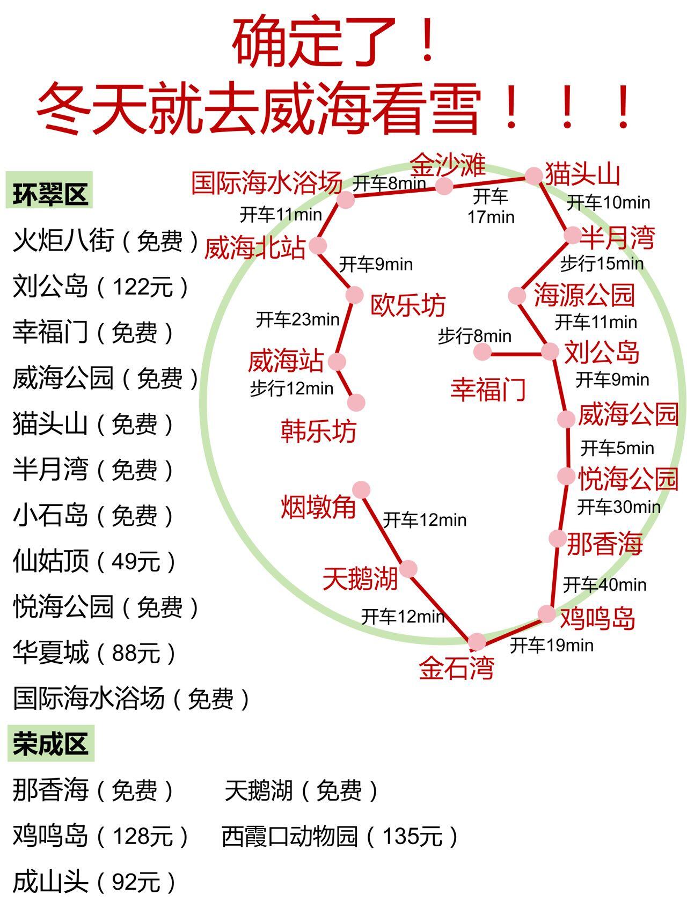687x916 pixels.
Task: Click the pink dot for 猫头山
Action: pyautogui.click(x=533, y=175)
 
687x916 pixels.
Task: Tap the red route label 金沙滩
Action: pyautogui.click(x=448, y=165)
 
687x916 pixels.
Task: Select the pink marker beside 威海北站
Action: pyautogui.click(x=318, y=246)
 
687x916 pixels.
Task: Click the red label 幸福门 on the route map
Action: pyautogui.click(x=487, y=389)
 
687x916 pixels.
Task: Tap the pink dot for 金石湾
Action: pyautogui.click(x=477, y=641)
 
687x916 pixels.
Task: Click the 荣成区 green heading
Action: pyautogui.click(x=50, y=744)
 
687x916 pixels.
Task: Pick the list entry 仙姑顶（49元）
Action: pyautogui.click(x=94, y=561)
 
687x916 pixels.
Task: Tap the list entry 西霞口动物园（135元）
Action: pyautogui.click(x=340, y=836)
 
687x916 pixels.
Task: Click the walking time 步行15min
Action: pyautogui.click(x=602, y=263)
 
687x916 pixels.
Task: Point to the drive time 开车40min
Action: pyautogui.click(x=604, y=584)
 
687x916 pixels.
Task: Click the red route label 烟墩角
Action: pyautogui.click(x=318, y=506)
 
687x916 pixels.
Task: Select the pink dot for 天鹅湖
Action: pyautogui.click(x=408, y=569)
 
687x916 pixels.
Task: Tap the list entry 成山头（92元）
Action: pyautogui.click(x=94, y=882)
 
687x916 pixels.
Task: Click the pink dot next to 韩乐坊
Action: pyautogui.click(x=356, y=402)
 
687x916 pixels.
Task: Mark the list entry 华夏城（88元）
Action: pyautogui.click(x=94, y=653)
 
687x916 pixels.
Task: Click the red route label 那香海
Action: pyautogui.click(x=604, y=544)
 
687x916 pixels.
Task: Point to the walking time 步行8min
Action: pyautogui.click(x=474, y=336)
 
